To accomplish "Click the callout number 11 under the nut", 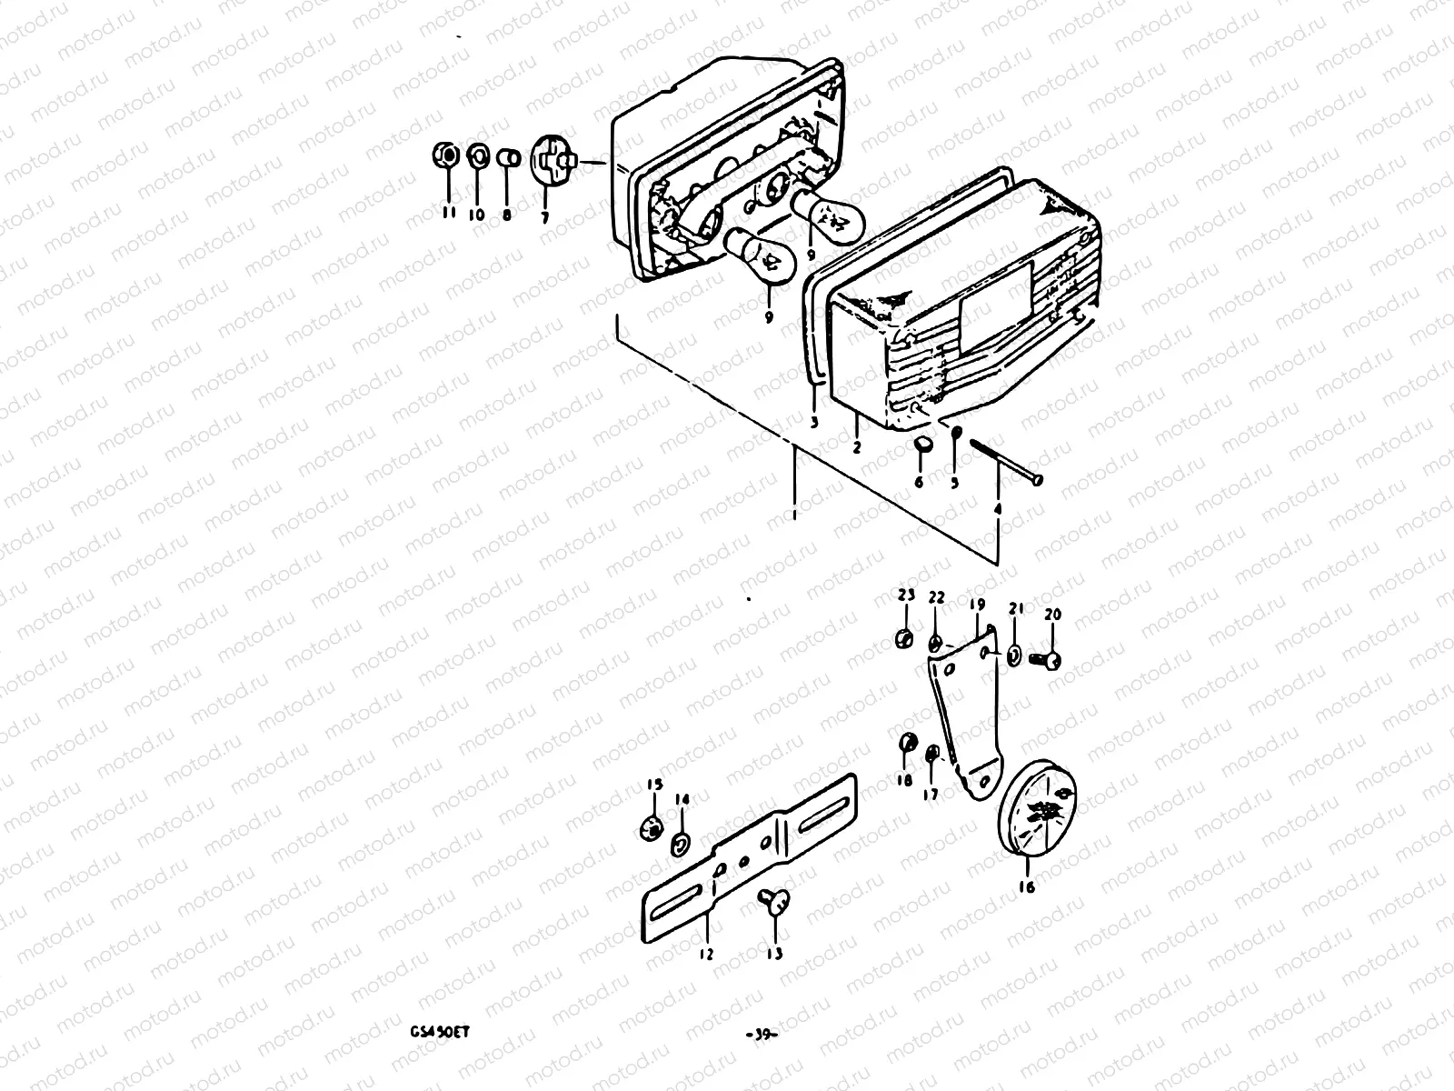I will tap(446, 213).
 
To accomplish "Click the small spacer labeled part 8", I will tap(509, 160).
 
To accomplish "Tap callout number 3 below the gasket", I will tap(813, 422).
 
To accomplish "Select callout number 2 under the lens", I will tap(856, 446).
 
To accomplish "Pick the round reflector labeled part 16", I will tap(1039, 815).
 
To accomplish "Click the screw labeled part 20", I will tap(1051, 661).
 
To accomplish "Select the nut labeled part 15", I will tap(652, 828).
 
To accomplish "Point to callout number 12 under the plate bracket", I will tap(706, 954).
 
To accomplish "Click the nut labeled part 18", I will tap(906, 745).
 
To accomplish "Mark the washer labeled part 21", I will tap(1015, 655).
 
